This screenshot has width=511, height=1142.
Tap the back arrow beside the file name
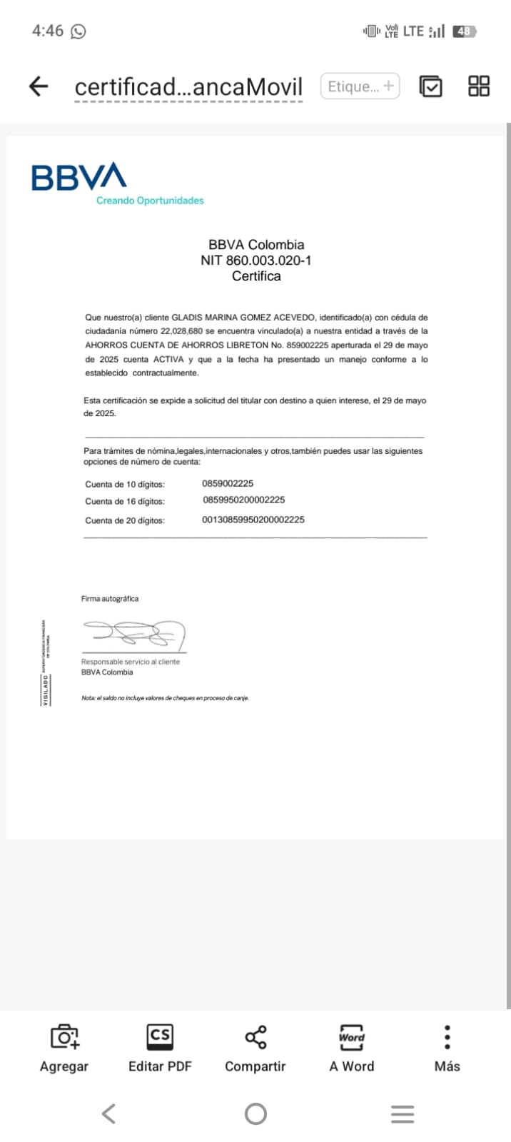[x=38, y=86]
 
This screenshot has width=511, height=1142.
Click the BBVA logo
[x=79, y=176]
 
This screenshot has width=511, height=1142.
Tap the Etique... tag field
[x=360, y=86]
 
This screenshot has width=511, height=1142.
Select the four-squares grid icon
[x=479, y=86]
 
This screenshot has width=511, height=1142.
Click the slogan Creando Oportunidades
[x=150, y=201]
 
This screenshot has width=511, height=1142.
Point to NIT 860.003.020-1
[x=255, y=261]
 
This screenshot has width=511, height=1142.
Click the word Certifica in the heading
[x=256, y=276]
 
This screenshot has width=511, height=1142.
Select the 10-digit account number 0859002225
[x=228, y=483]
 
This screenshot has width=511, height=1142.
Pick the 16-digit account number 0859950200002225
[x=243, y=500]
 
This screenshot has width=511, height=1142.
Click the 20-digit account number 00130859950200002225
[x=253, y=520]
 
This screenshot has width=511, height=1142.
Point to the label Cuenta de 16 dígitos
[x=125, y=502]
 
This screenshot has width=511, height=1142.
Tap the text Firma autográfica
[x=110, y=599]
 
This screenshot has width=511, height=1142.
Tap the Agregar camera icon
[x=64, y=1037]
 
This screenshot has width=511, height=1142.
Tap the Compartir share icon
[x=255, y=1037]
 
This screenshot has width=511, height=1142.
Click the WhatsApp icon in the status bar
[x=79, y=31]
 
